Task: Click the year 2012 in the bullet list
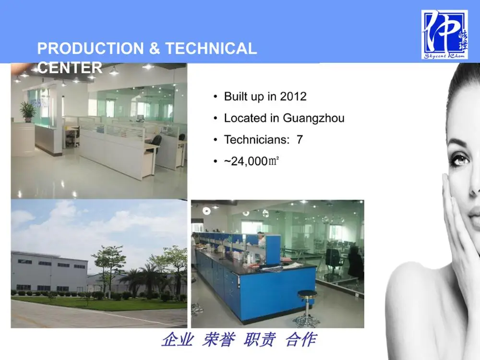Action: pyautogui.click(x=293, y=96)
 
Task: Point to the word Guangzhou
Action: pyautogui.click(x=313, y=118)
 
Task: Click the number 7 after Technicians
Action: pyautogui.click(x=300, y=140)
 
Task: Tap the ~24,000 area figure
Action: pyautogui.click(x=245, y=161)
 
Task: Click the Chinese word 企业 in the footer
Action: pyautogui.click(x=177, y=340)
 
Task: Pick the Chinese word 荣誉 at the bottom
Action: pyautogui.click(x=218, y=340)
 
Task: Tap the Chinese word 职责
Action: pyautogui.click(x=260, y=340)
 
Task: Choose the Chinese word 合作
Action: pyautogui.click(x=300, y=340)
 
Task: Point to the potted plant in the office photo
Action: pyautogui.click(x=28, y=111)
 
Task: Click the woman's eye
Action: pyautogui.click(x=460, y=158)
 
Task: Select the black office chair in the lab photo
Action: pyautogui.click(x=332, y=262)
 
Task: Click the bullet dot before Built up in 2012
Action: pyautogui.click(x=216, y=97)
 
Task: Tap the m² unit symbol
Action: pyautogui.click(x=274, y=160)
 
